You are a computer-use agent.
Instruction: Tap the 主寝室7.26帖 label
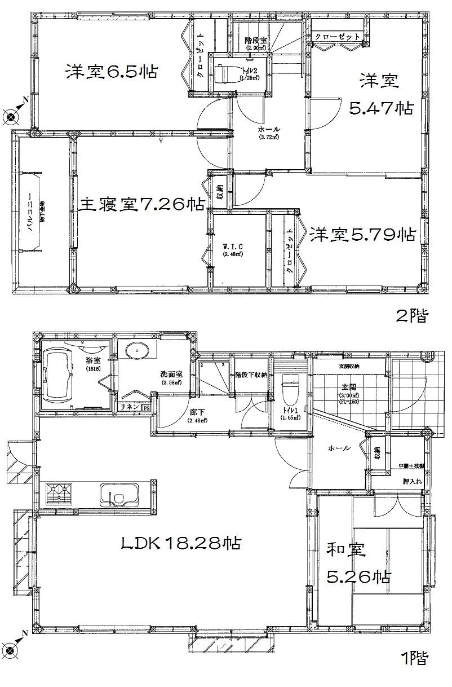[x=140, y=204]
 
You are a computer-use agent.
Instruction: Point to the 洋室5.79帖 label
[x=361, y=233]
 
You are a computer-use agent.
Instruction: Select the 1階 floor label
[x=413, y=657]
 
